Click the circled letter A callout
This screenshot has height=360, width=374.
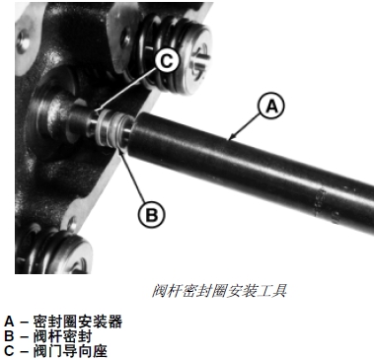271,107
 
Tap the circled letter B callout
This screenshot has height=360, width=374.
151,214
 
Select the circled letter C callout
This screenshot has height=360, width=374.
167,61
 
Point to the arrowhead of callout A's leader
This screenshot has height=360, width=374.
230,138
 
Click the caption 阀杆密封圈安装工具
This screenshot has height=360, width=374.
219,291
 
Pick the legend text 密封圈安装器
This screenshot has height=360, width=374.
78,322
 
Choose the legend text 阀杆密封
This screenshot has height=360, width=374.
62,336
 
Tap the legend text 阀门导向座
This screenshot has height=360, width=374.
70,351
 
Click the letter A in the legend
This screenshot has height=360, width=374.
9,322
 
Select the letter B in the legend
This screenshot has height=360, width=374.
9,336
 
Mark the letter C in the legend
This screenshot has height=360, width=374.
9,351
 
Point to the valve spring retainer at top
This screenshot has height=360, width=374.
194,62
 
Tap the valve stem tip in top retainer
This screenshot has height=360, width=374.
200,62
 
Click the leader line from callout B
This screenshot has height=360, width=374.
132,175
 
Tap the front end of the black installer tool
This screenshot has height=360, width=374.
135,135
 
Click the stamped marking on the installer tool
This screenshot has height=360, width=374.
324,205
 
